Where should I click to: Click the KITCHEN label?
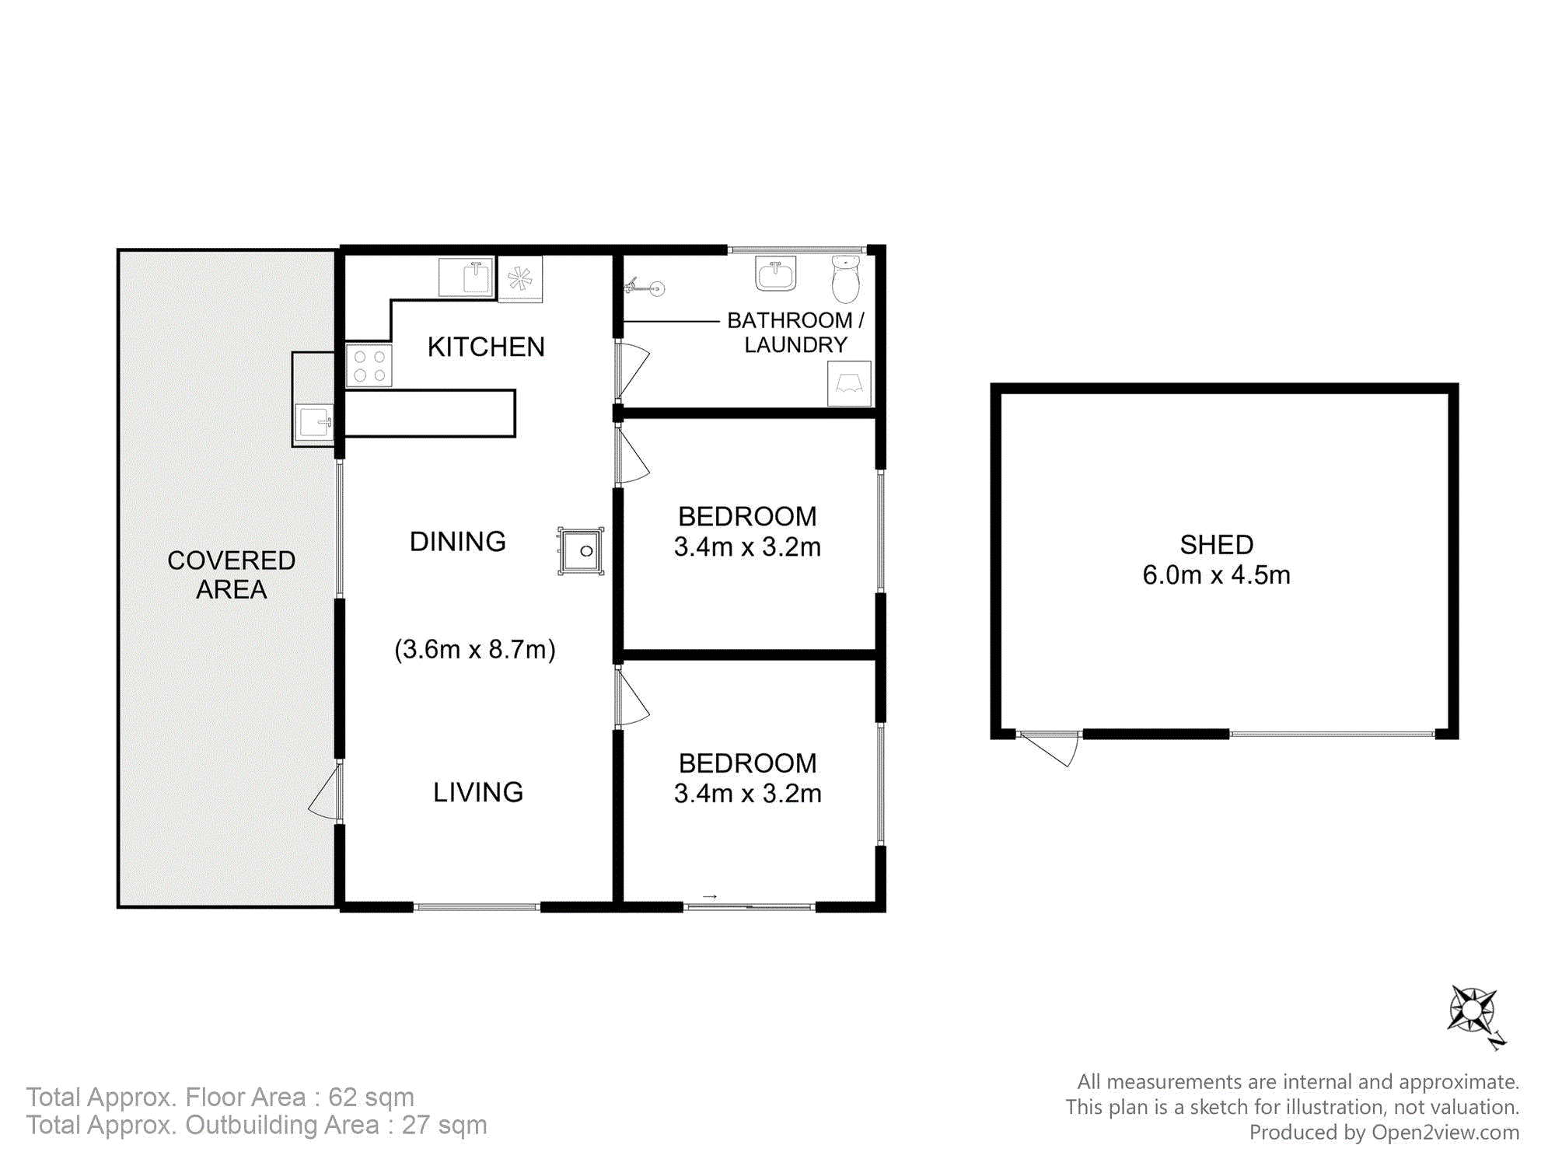pos(486,347)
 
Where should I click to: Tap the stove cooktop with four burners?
pos(369,365)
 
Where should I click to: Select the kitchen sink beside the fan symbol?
pos(466,277)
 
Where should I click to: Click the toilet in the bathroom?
pos(846,278)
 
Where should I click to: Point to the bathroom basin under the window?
pos(775,274)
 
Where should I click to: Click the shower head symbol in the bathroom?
pos(645,288)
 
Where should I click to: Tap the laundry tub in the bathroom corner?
pos(849,383)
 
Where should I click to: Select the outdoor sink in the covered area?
pos(315,423)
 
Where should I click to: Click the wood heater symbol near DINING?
pos(581,551)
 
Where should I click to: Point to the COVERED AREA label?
pos(232,574)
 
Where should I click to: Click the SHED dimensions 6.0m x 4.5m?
pos(1216,575)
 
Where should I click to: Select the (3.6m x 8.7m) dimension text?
pos(475,649)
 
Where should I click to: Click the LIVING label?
pos(478,792)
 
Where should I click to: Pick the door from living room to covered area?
pos(325,793)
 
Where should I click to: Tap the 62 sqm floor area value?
pos(371,1097)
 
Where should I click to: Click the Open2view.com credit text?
pos(1445,1133)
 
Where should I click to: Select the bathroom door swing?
pos(634,369)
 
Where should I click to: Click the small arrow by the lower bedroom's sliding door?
pos(709,897)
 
